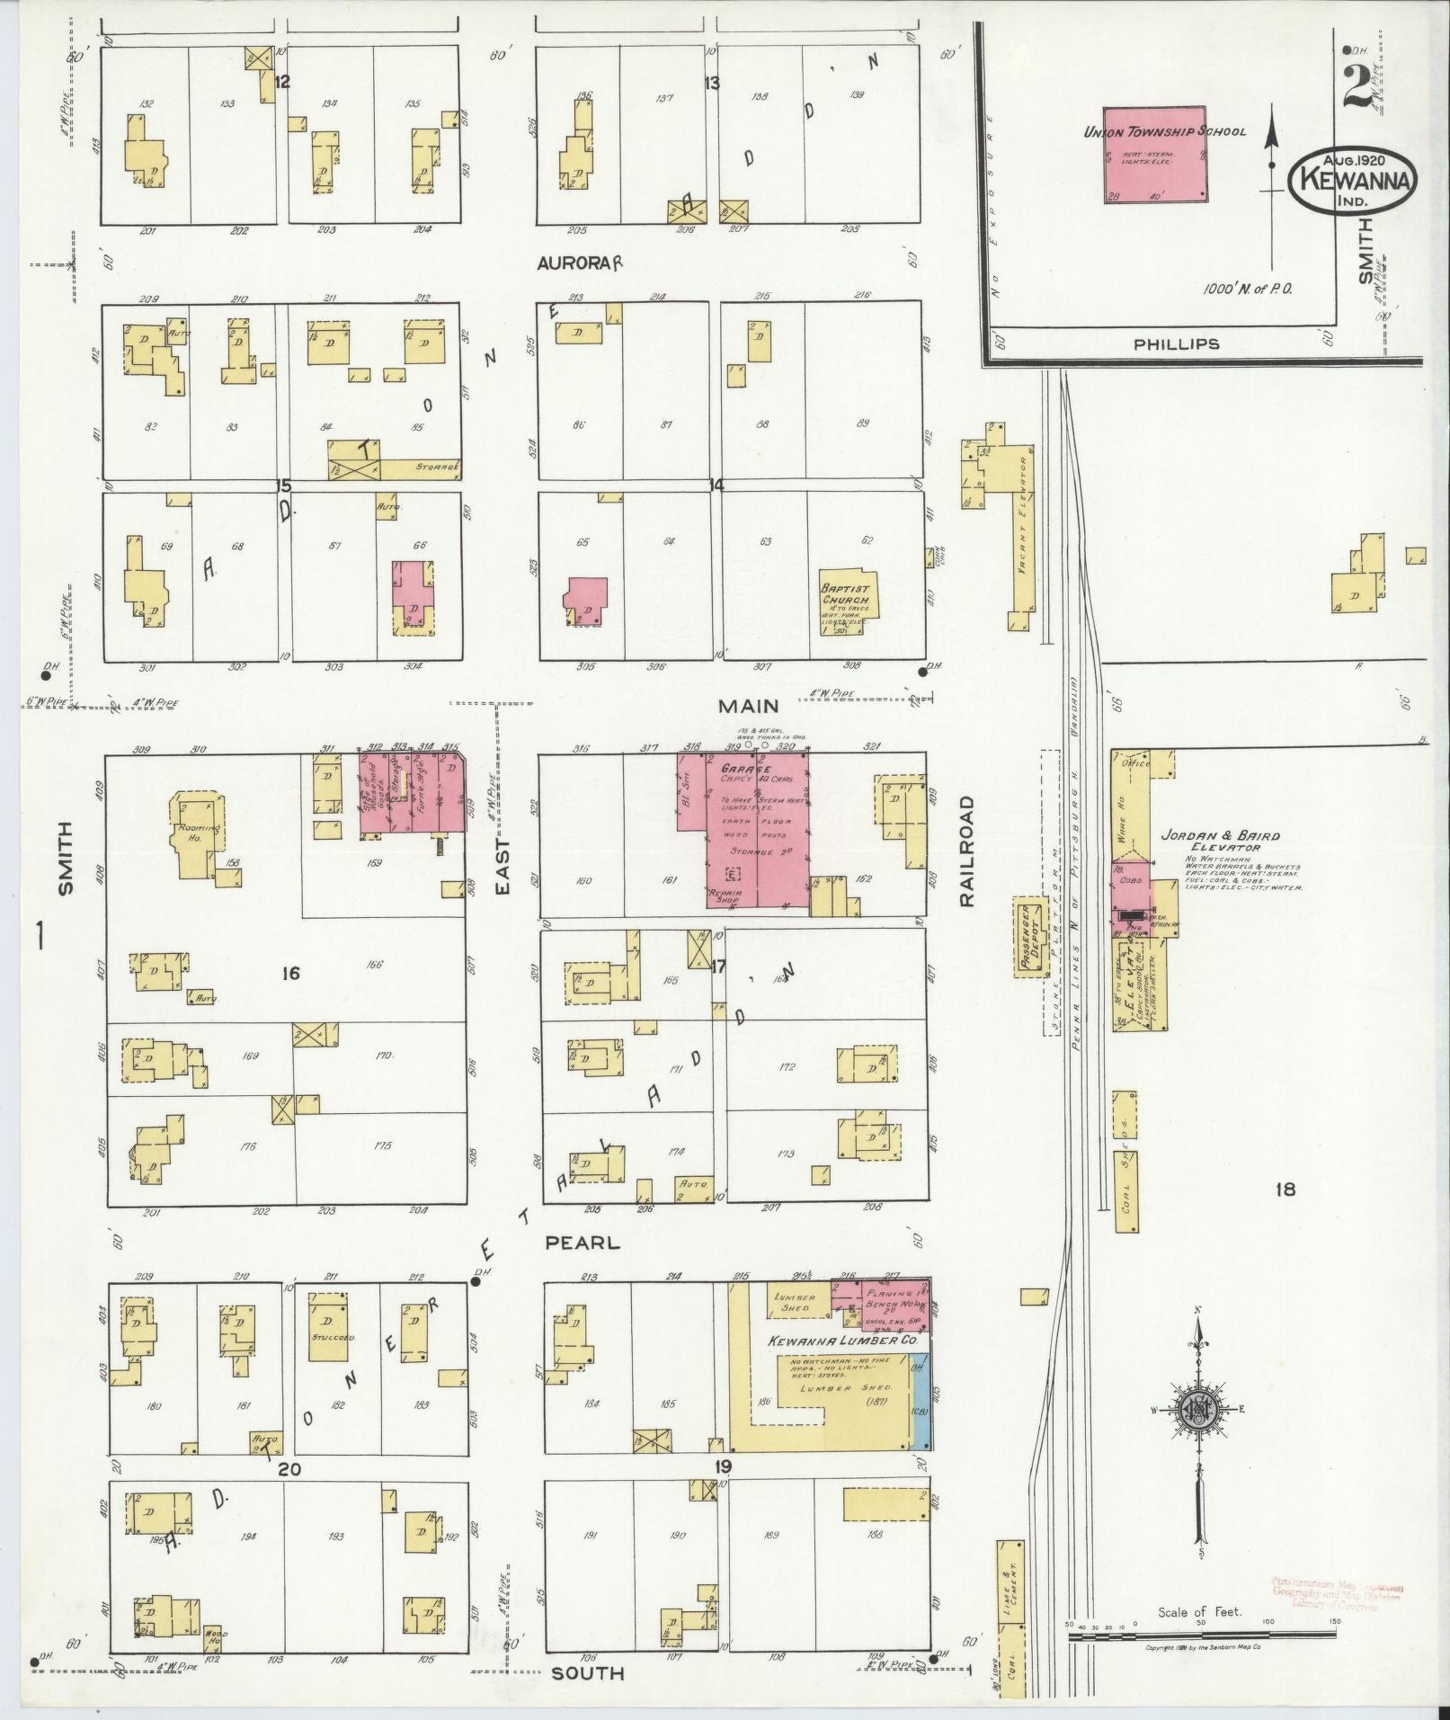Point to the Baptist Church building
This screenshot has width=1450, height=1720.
[x=846, y=601]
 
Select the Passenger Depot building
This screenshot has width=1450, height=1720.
[x=1030, y=935]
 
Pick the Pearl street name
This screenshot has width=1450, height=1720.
[x=583, y=1243]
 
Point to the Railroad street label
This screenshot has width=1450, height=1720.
[x=966, y=851]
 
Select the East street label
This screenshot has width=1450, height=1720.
[x=503, y=868]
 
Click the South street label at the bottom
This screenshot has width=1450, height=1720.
[x=587, y=1673]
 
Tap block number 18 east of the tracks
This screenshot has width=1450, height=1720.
[x=1285, y=1190]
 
